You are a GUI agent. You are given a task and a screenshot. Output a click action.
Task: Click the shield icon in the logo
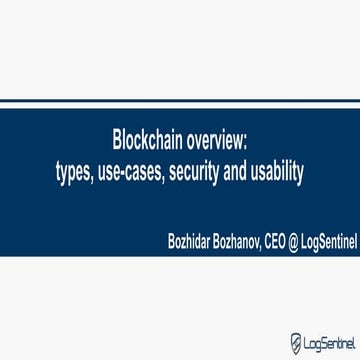click(295, 343)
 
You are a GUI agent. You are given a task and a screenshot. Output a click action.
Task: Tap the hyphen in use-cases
click(125, 172)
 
